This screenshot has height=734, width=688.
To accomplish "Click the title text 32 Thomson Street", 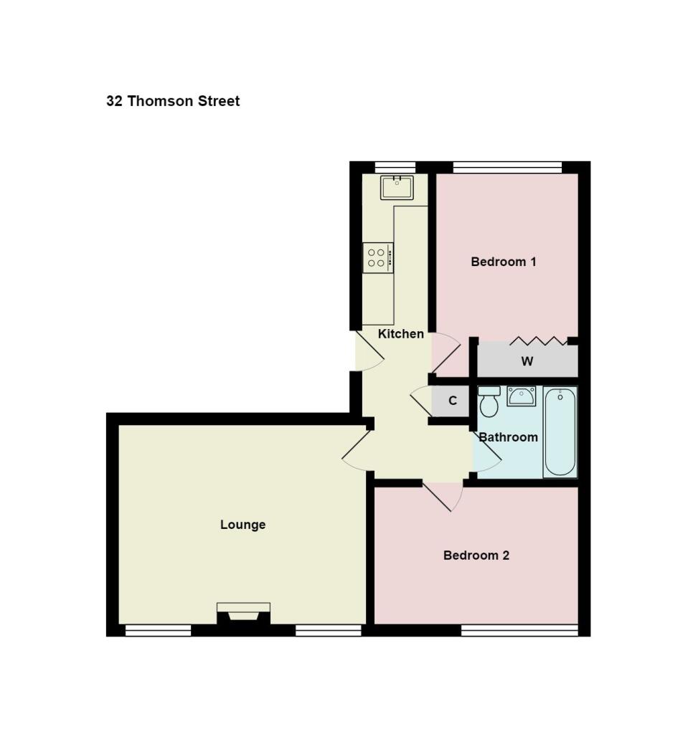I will (x=173, y=101).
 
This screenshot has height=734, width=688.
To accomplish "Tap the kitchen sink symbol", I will (x=396, y=188).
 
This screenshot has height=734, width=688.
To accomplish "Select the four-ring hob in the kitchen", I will (x=377, y=258).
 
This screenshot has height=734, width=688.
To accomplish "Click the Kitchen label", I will (x=400, y=334).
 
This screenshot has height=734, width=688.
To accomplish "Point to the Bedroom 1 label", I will (x=503, y=262).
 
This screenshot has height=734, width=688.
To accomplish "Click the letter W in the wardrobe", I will (x=527, y=362).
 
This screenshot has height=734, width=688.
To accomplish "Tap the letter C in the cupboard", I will (x=453, y=401).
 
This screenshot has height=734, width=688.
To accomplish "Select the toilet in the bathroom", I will (x=489, y=402).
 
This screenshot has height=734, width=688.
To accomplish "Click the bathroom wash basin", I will (x=521, y=396).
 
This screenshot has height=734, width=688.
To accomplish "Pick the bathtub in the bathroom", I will (x=560, y=432).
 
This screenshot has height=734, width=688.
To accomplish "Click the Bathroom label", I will (x=508, y=437).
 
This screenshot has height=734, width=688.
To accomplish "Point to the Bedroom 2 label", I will (x=476, y=556).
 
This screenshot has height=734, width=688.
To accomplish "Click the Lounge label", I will (x=242, y=525).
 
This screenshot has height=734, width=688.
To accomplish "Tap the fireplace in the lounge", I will (x=243, y=613).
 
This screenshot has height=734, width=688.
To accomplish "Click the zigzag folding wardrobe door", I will (x=538, y=340).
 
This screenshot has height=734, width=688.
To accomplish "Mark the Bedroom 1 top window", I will (x=507, y=167).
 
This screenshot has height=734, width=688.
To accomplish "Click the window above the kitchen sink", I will (x=395, y=167).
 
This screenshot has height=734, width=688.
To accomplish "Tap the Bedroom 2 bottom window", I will (x=519, y=630).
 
